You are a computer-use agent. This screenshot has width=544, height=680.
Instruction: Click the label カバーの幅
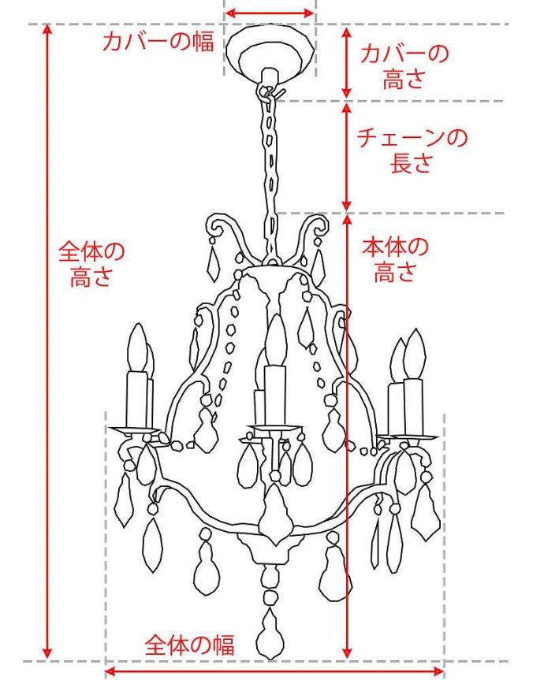click(158, 42)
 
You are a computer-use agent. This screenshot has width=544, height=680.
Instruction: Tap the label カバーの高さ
click(404, 66)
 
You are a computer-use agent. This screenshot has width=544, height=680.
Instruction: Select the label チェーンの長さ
click(412, 150)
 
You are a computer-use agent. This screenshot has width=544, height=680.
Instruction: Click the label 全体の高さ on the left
click(91, 265)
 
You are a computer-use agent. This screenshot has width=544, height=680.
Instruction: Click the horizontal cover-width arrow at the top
click(270, 13)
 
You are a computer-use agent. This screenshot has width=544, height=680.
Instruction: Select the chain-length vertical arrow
click(345, 156)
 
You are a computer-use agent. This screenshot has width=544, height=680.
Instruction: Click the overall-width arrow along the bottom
click(268, 671)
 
